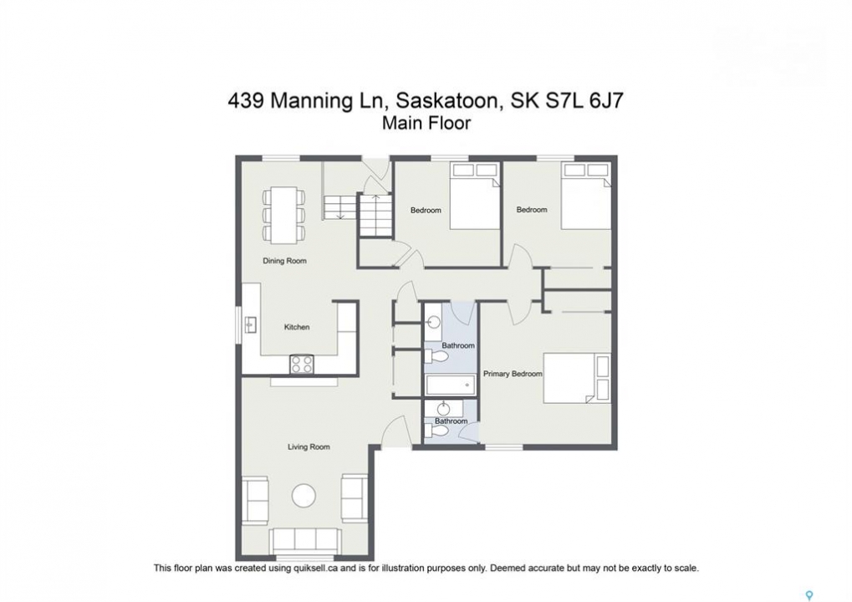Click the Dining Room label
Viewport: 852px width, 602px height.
click(x=284, y=261)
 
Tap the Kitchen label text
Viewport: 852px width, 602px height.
click(x=297, y=327)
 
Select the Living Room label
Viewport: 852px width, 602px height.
click(x=309, y=447)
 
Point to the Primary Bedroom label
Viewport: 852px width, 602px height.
click(x=513, y=374)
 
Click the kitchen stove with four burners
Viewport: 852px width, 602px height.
click(x=302, y=364)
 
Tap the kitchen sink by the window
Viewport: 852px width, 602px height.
click(x=251, y=325)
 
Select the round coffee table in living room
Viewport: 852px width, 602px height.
click(x=304, y=495)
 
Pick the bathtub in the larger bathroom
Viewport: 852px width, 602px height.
click(x=451, y=385)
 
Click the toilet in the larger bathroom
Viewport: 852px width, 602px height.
click(x=436, y=357)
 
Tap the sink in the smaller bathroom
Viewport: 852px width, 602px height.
click(x=444, y=407)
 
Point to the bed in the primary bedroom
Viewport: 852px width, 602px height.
click(x=577, y=378)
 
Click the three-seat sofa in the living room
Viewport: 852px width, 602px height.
click(x=305, y=541)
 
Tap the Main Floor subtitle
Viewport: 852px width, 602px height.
click(x=426, y=124)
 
